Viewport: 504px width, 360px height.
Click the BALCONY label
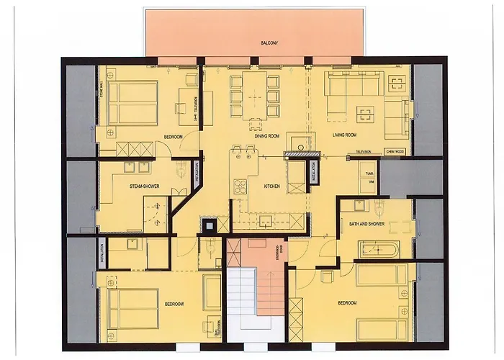coord(269,44)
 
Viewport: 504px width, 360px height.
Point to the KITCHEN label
coord(271,186)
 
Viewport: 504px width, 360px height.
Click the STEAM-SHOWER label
coord(144,186)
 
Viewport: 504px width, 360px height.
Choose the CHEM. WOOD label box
coord(395,153)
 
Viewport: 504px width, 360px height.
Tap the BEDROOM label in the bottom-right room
coord(347,303)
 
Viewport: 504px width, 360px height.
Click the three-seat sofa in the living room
coord(349,85)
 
